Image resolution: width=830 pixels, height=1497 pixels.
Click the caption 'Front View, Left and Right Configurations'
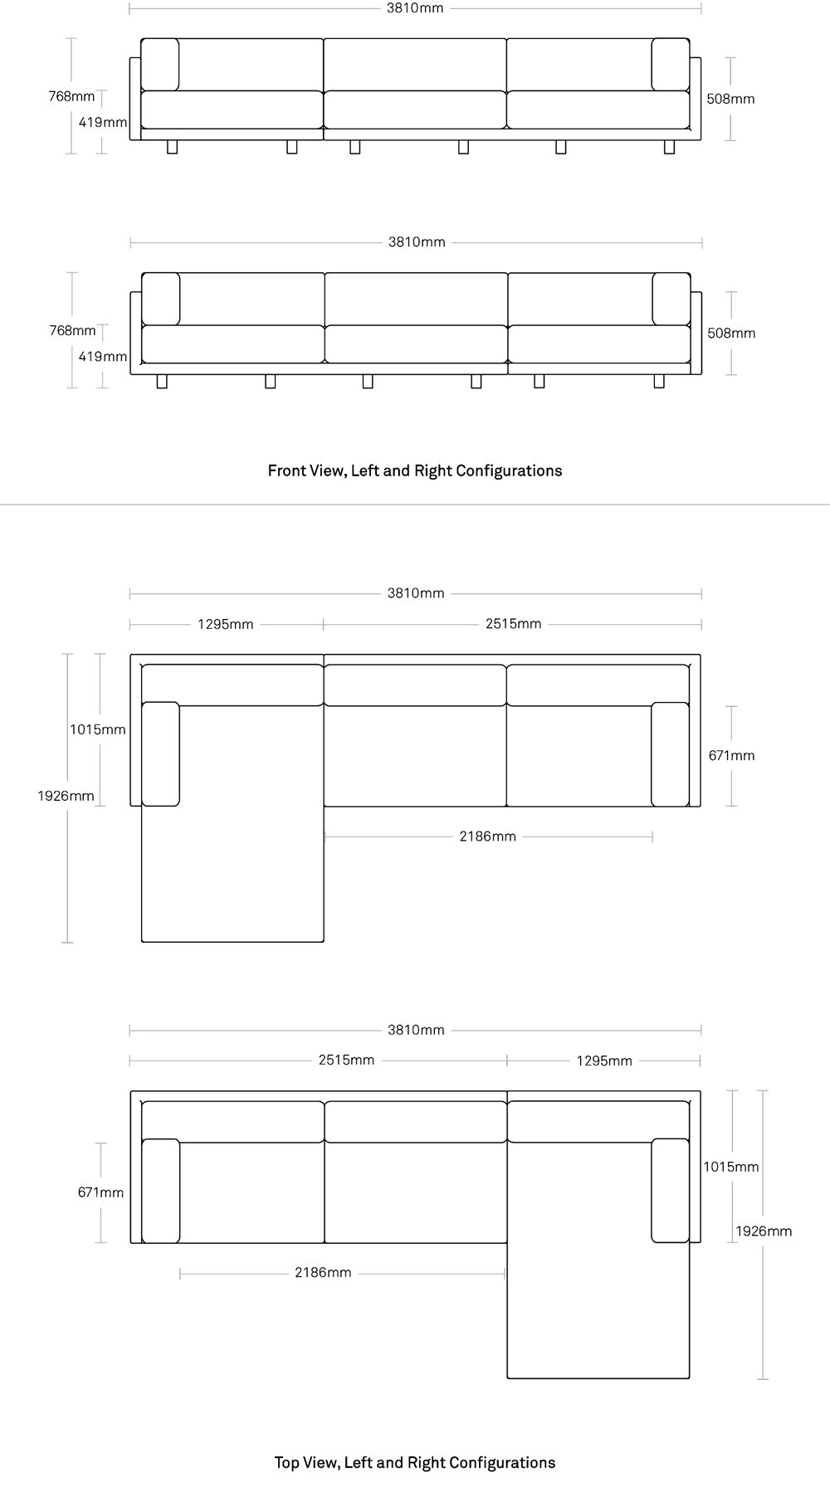tap(415, 471)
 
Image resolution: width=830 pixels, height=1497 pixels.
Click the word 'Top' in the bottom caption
tap(287, 1461)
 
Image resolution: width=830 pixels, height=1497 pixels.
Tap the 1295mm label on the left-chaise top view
tap(225, 624)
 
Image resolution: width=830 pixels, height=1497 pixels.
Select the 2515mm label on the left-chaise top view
tap(513, 623)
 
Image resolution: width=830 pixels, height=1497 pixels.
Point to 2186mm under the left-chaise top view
tap(487, 836)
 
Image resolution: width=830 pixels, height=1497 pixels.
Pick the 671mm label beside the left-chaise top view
tap(731, 755)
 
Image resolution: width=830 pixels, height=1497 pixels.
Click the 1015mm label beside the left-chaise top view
tap(98, 729)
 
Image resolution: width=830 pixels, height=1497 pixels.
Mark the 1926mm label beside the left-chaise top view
tap(66, 796)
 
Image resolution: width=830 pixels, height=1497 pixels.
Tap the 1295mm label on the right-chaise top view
tap(604, 1061)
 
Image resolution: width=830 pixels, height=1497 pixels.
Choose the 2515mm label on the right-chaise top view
tap(346, 1060)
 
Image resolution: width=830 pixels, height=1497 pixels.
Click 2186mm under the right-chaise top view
tap(323, 1272)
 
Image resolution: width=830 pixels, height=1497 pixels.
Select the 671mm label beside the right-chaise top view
tap(100, 1192)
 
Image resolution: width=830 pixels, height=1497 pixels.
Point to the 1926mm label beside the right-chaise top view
tap(764, 1231)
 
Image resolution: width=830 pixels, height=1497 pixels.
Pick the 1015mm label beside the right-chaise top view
tap(731, 1167)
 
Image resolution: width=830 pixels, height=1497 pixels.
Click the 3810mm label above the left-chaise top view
tap(416, 592)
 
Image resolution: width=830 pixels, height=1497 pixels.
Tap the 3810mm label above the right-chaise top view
tap(416, 1029)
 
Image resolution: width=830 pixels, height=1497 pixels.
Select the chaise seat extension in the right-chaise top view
tap(598, 1311)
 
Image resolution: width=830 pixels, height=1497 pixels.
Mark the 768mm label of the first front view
tap(71, 95)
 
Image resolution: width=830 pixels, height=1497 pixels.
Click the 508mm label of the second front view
tap(731, 333)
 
